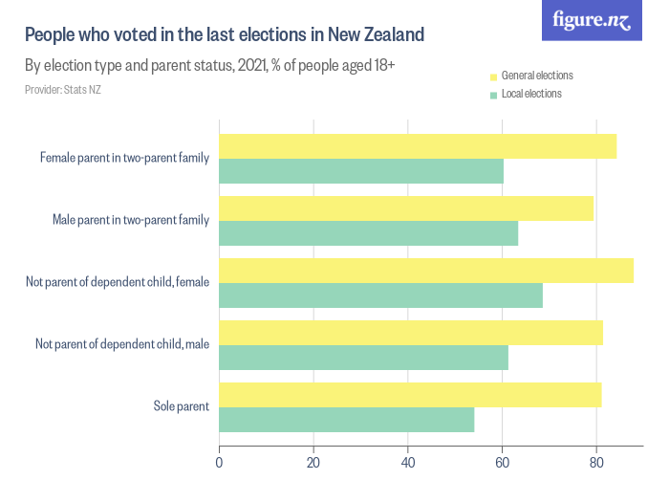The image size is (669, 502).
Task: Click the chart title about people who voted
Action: [224, 35]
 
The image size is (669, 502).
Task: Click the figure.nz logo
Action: [592, 20]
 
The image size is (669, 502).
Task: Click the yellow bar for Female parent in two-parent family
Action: [418, 146]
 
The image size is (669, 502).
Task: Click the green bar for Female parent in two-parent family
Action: [361, 171]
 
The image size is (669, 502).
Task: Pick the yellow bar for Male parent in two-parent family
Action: [406, 208]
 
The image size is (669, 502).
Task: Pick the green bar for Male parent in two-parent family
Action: [368, 233]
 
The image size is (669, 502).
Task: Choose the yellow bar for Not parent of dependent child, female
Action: [426, 271]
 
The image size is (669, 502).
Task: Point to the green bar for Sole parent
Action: [346, 420]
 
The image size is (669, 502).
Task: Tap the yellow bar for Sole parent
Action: [410, 395]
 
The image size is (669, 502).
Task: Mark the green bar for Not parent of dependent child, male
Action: [363, 358]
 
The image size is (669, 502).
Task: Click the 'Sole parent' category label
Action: [181, 406]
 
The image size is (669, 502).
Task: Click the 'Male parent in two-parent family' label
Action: [130, 220]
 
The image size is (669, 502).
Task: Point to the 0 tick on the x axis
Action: [220, 462]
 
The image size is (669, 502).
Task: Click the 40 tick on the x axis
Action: [408, 462]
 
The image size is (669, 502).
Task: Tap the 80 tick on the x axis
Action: [596, 462]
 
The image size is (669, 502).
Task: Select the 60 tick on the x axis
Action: [502, 462]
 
